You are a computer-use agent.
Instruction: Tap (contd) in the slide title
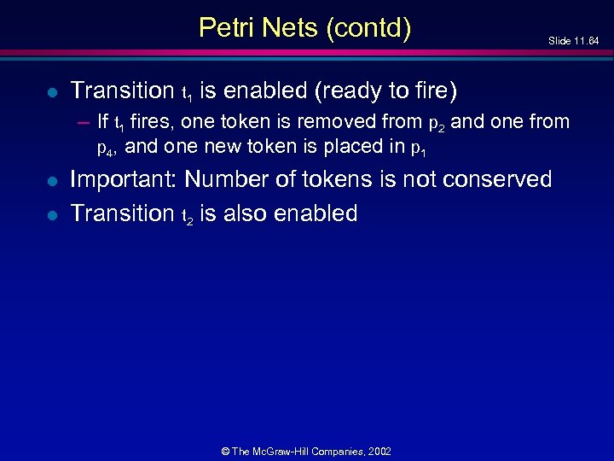[x=368, y=28]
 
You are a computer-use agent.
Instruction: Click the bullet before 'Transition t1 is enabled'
[x=53, y=91]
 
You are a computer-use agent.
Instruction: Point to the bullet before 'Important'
[x=53, y=181]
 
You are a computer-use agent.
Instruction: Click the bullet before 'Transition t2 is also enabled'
[x=53, y=214]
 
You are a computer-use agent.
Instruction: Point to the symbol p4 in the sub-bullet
[x=105, y=148]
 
